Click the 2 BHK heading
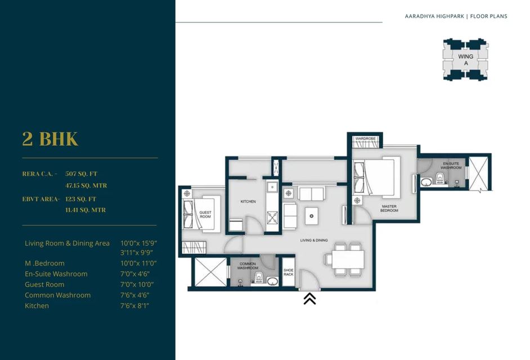click(x=50, y=139)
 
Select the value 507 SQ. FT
click(x=81, y=174)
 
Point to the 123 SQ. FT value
click(x=81, y=199)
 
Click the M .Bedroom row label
click(x=44, y=263)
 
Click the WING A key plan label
click(x=465, y=60)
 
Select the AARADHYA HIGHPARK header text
click(x=434, y=16)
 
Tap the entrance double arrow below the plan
click(x=309, y=299)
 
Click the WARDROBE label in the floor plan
click(x=365, y=138)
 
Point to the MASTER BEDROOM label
click(x=389, y=208)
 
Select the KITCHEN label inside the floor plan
click(x=248, y=201)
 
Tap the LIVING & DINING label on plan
click(x=313, y=240)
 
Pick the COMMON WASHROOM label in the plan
click(x=248, y=266)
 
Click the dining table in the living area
click(x=347, y=259)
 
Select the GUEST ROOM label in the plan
click(x=205, y=214)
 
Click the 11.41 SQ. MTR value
click(x=86, y=210)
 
